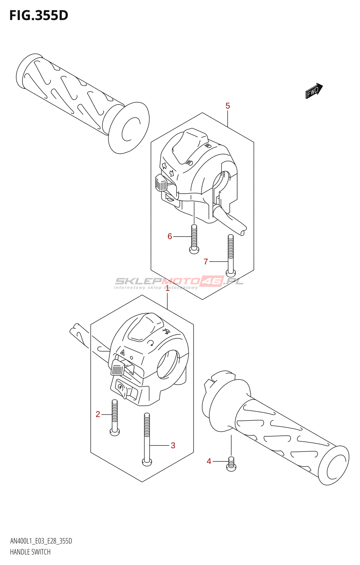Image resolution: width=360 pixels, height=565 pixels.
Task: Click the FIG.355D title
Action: click(38, 16)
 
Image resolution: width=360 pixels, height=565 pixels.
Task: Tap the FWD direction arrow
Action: click(314, 91)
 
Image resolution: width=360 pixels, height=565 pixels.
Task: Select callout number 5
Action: click(228, 106)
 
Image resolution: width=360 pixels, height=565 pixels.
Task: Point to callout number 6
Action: click(170, 236)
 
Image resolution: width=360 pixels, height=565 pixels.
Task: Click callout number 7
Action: click(206, 262)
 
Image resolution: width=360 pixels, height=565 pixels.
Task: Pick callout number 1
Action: click(168, 289)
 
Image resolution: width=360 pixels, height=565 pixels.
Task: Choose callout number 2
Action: click(98, 414)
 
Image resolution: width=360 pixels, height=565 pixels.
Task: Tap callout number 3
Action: click(173, 445)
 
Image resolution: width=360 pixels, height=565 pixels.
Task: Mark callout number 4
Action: click(209, 461)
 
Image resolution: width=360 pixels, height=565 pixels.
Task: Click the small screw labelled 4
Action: click(231, 464)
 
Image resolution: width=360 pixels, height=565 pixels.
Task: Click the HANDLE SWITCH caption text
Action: click(30, 552)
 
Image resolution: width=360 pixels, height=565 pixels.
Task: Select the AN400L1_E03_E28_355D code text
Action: click(41, 541)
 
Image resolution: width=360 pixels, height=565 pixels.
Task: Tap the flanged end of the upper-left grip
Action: click(129, 128)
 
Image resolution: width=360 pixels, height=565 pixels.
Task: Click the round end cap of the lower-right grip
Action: click(334, 465)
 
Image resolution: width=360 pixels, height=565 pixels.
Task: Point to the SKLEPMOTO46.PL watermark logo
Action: click(179, 282)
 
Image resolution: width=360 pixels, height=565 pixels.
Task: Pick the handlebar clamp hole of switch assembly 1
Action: click(167, 364)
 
